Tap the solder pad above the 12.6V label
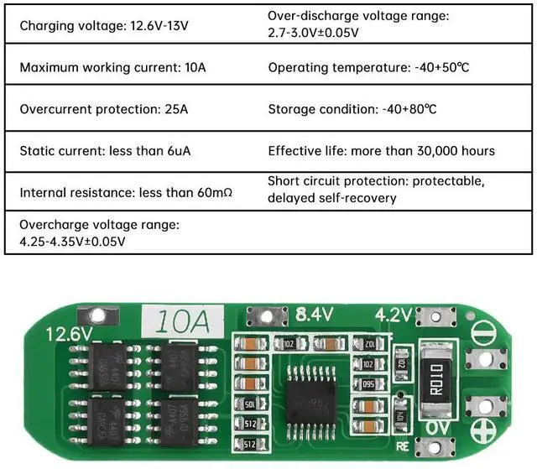point(97,315)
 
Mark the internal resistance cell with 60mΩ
point(126,193)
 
